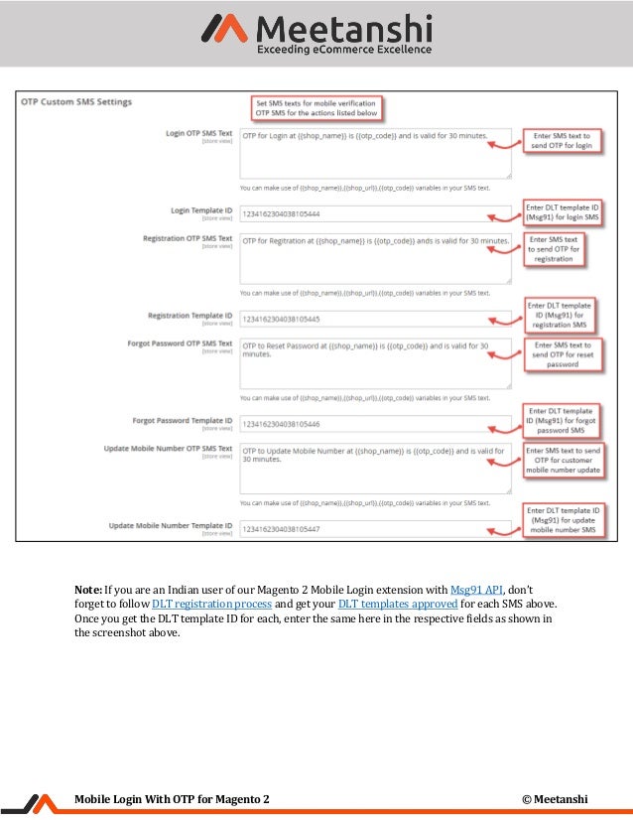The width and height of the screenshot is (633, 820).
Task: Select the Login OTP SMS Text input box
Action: point(375,152)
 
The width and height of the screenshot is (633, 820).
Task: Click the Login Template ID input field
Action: point(375,212)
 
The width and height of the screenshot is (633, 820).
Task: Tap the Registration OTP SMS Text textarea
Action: point(375,258)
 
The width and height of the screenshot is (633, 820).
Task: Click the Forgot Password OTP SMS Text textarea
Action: point(375,363)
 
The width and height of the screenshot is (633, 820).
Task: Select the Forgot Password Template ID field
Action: point(375,424)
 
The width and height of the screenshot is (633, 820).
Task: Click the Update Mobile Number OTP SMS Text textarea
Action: point(375,468)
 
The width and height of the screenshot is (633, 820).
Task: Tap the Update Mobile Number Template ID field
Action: point(375,529)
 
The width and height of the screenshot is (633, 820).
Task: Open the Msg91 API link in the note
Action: point(477,589)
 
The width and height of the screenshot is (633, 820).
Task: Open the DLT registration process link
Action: point(211,604)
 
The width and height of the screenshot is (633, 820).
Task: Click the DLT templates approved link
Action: point(398,604)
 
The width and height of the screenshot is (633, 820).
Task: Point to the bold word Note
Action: point(90,589)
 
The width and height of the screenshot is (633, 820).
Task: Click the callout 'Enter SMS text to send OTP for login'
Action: point(562,140)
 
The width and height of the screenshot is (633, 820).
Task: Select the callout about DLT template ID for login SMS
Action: point(563,211)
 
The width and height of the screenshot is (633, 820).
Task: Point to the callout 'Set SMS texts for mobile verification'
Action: point(316,108)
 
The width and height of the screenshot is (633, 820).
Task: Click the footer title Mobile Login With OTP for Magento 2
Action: point(171,799)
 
